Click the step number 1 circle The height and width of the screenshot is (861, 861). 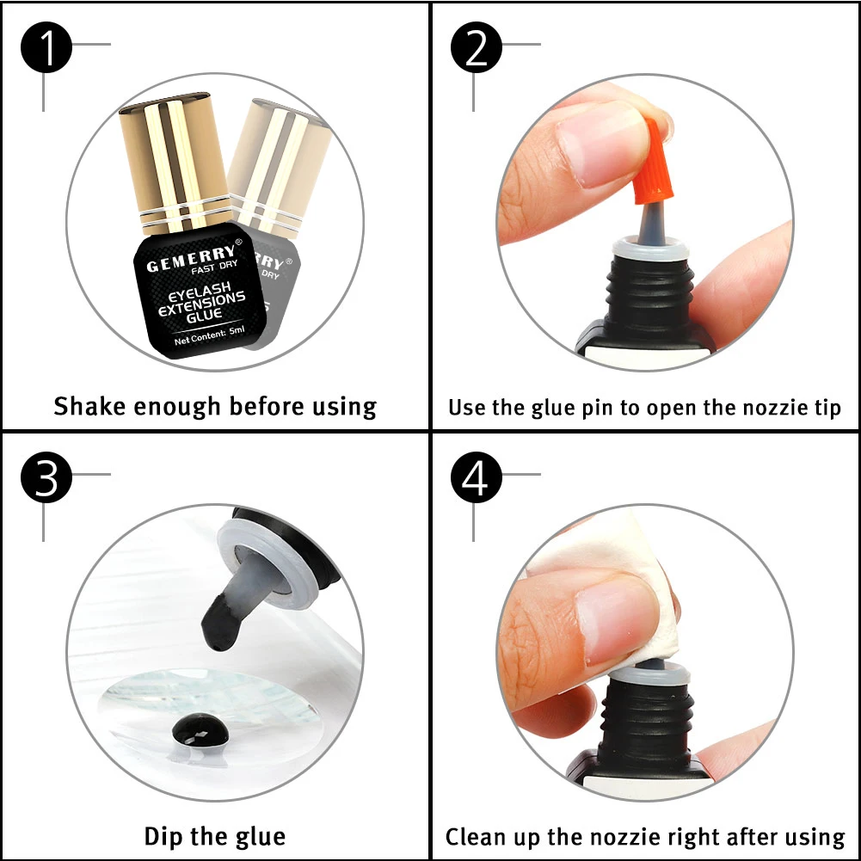46,47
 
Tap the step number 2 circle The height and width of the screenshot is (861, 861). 476,47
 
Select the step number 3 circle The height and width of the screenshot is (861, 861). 46,477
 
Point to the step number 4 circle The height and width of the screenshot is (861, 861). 476,477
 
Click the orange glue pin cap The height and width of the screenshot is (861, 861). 655,162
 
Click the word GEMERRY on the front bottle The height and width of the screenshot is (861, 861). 191,259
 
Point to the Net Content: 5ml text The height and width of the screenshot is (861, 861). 209,335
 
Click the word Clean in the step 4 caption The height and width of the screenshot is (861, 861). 476,837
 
